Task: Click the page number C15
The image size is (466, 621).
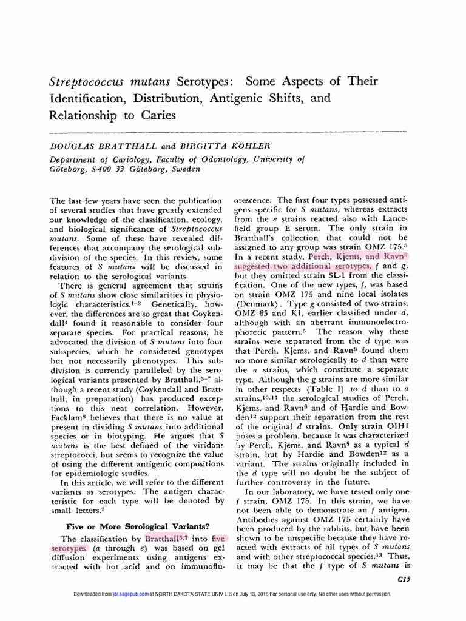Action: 403,579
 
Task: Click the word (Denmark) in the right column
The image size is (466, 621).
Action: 257,301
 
